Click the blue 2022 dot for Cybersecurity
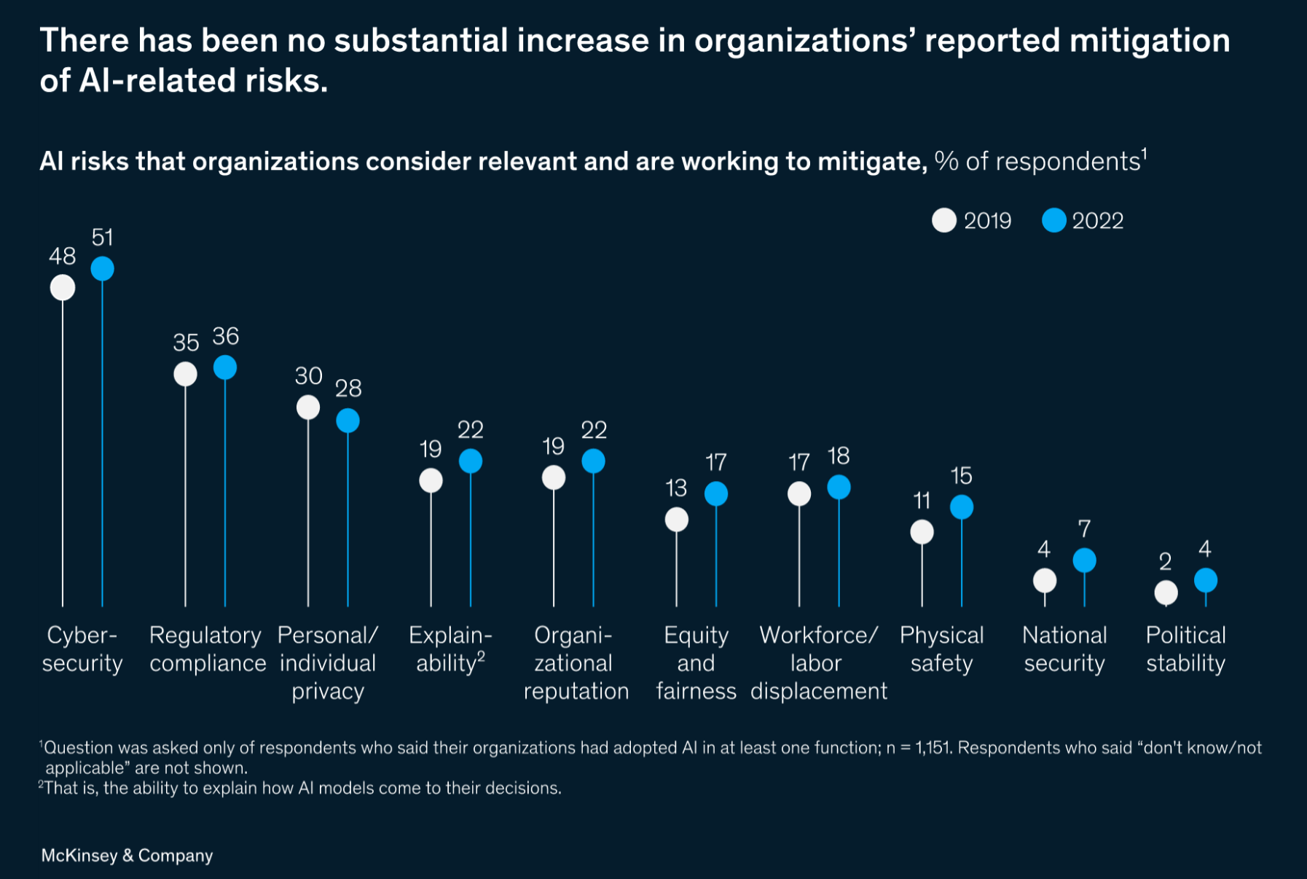[x=102, y=269]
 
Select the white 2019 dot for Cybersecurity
[x=63, y=288]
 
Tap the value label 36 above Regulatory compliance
[x=225, y=337]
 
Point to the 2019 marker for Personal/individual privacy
[x=308, y=407]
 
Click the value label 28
[x=348, y=388]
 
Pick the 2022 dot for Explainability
[x=471, y=461]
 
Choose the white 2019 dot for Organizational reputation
[x=554, y=478]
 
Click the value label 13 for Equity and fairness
[x=676, y=488]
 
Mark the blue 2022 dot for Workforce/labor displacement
[x=839, y=487]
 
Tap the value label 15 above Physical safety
[x=961, y=476]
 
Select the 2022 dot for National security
[x=1084, y=560]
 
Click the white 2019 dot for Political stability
[x=1166, y=593]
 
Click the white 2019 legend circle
[x=944, y=220]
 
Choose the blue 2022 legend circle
[x=1053, y=220]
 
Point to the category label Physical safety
[x=941, y=649]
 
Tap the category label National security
[x=1064, y=649]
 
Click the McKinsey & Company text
[x=127, y=856]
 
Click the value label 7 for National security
[x=1084, y=528]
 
